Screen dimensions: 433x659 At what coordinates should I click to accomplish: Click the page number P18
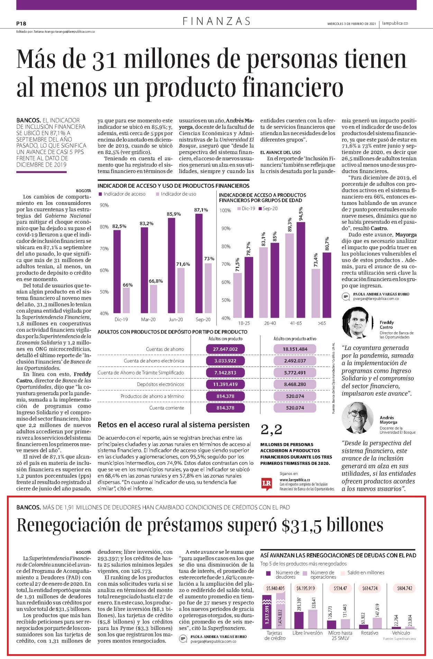click(21, 24)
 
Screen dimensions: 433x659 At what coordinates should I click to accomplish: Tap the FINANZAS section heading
click(217, 21)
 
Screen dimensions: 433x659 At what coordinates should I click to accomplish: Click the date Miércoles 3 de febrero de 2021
click(351, 24)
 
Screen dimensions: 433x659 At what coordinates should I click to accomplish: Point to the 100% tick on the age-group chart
click(225, 210)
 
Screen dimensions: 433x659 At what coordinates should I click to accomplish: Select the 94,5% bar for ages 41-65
click(301, 270)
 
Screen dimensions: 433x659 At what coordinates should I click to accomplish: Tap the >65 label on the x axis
click(321, 323)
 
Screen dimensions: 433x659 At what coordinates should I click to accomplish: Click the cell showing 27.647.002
click(225, 349)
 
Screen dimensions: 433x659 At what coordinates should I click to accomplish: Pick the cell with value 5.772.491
click(295, 372)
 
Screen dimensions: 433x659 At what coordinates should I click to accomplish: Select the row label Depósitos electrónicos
click(160, 384)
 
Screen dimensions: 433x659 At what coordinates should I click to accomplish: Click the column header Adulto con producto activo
click(295, 338)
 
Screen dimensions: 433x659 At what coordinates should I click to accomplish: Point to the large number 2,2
click(271, 430)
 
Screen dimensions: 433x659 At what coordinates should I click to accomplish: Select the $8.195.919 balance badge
click(305, 588)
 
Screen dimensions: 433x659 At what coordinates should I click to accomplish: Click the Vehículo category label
click(401, 633)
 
